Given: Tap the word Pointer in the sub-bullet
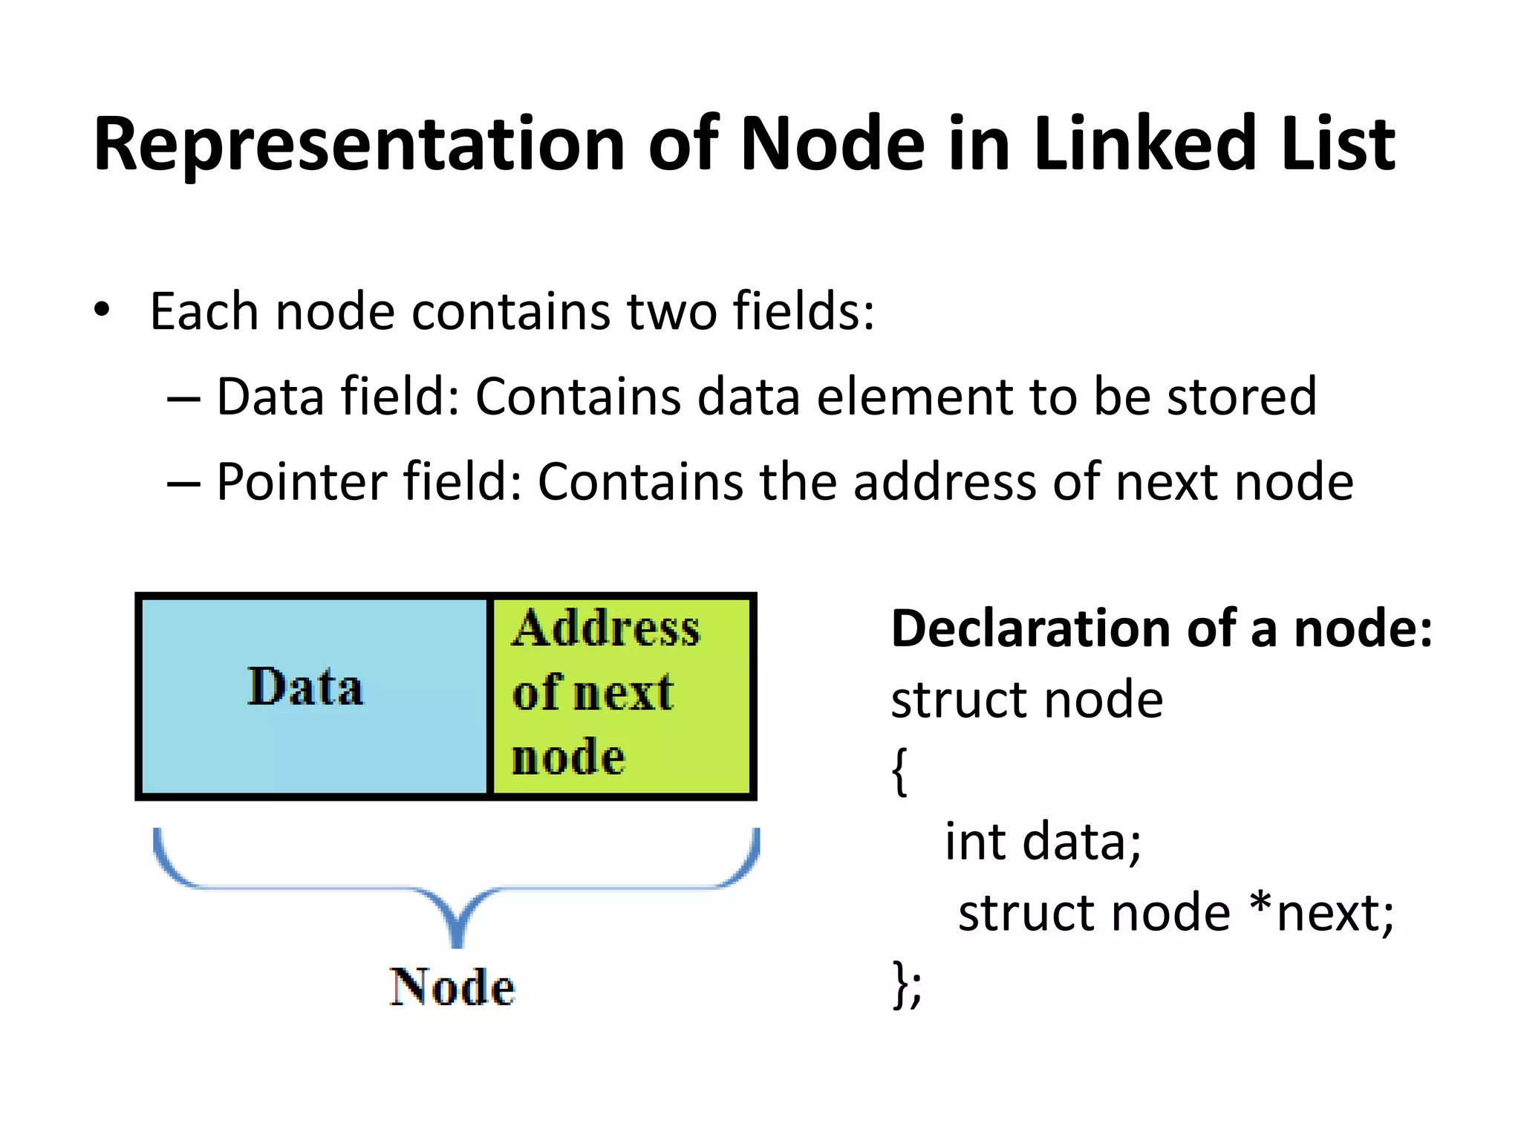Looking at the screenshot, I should click(301, 482).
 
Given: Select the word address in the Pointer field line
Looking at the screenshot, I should click(944, 482).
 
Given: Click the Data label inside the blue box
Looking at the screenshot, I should click(305, 686).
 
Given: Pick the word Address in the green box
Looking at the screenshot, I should click(605, 628).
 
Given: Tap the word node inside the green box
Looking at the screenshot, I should click(568, 757).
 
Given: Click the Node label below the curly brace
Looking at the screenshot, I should click(452, 987).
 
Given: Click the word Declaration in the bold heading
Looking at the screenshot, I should click(1032, 628).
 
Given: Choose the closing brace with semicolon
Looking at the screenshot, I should click(907, 984).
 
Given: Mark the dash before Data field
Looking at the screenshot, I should click(183, 399).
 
